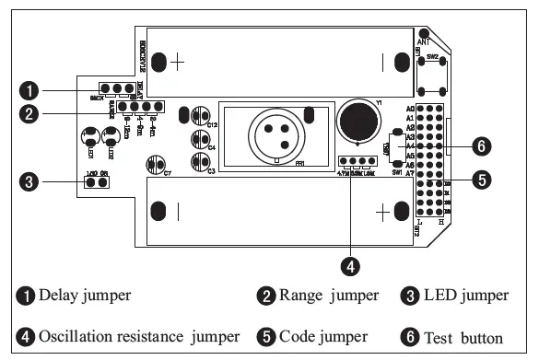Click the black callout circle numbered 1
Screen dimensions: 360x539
(x=31, y=91)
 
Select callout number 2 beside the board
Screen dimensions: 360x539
(x=31, y=115)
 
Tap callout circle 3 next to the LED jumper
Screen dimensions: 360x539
(x=31, y=182)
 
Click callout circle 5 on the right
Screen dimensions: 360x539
(x=480, y=180)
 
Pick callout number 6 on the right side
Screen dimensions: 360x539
(x=480, y=145)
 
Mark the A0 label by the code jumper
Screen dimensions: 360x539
(x=410, y=109)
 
